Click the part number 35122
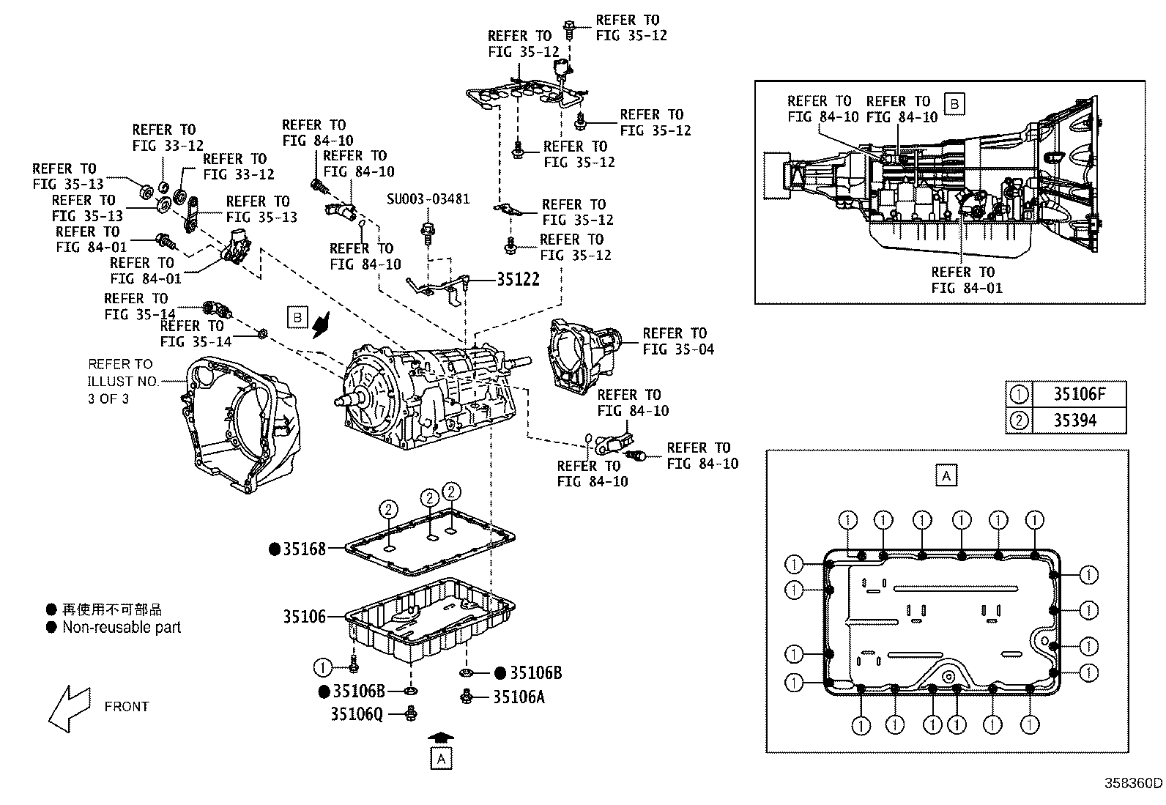tap(518, 279)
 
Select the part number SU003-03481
tap(428, 199)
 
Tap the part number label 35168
tap(304, 548)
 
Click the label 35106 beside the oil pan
tap(304, 617)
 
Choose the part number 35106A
tap(519, 697)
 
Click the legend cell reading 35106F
tap(1078, 394)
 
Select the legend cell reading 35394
tap(1078, 420)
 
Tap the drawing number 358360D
tap(1133, 782)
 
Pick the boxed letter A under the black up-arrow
tap(441, 759)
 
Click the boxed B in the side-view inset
tap(954, 104)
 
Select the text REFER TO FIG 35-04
tap(677, 341)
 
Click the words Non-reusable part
tap(122, 627)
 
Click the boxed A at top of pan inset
tap(946, 475)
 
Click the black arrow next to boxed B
tap(322, 324)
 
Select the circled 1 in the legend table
tap(1019, 394)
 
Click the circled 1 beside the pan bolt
tap(322, 667)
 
